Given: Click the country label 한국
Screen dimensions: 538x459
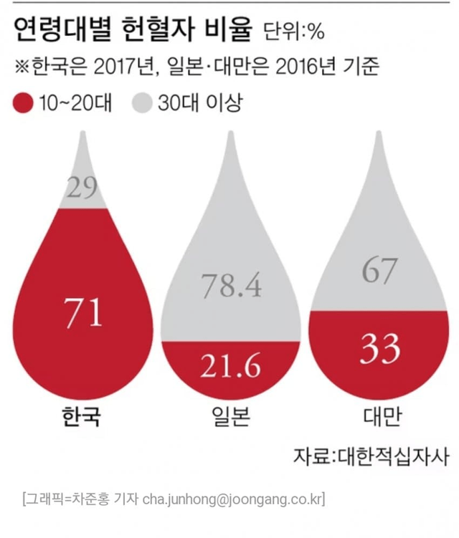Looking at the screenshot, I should [82, 418].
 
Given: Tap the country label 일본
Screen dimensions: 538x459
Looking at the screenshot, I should [230, 418].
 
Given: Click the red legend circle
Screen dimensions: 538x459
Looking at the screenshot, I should [24, 104].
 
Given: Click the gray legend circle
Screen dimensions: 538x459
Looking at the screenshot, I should [143, 104].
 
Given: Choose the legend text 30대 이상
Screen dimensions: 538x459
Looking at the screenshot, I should [202, 104].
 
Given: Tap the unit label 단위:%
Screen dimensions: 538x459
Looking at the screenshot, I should [295, 33].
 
